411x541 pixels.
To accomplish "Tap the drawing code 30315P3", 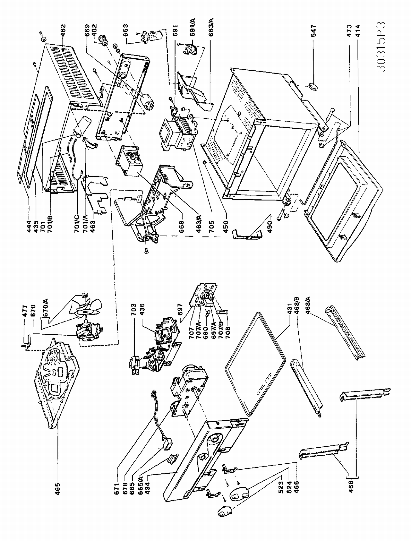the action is coord(381,47).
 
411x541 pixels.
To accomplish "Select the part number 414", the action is coord(358,31).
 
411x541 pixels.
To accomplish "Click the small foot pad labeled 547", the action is coord(313,86).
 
